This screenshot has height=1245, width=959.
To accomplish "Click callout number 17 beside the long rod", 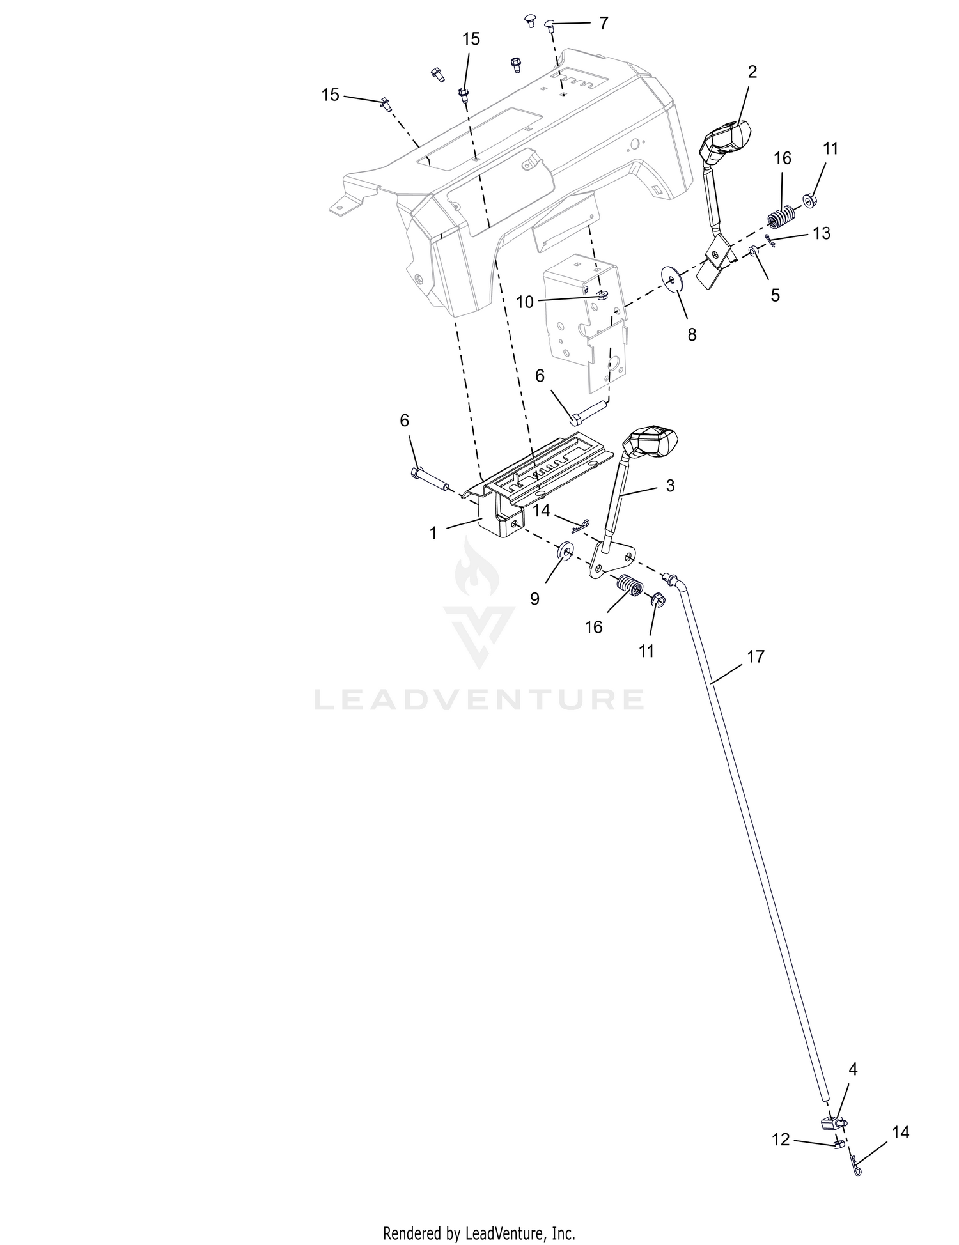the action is coord(755,656).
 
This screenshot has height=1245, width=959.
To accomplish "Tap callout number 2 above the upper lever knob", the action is coord(752,72).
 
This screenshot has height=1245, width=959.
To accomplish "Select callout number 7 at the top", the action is coord(603,24).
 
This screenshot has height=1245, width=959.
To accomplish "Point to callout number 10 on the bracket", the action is coord(524,302).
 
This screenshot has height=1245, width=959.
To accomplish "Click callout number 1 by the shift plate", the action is coord(433,532).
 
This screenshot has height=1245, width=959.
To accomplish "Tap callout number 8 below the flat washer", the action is coord(692,334).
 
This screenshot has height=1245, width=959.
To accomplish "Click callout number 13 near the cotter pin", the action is coord(822,233).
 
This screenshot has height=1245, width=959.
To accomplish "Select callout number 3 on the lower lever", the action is coord(670,486).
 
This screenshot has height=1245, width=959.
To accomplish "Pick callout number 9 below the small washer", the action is coord(534,598).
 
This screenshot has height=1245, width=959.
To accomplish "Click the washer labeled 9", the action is coord(565,550).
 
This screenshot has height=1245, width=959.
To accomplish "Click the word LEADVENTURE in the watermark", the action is coord(479,699).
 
